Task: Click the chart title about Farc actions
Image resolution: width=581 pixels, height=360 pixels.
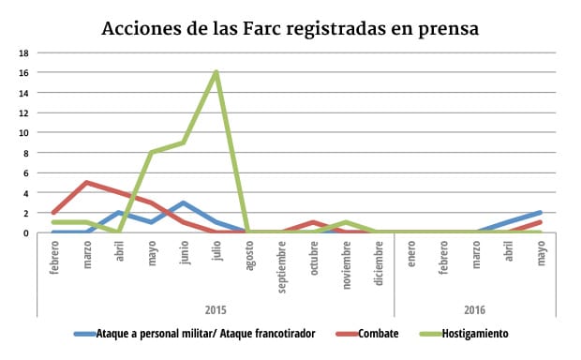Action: (x=290, y=28)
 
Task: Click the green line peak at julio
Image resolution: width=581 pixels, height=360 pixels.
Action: (x=216, y=72)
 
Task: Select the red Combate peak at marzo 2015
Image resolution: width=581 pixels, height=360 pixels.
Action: (x=87, y=183)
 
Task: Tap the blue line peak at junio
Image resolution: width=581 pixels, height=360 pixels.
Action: (x=185, y=202)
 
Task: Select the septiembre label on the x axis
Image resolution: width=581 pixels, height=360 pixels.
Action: (x=281, y=266)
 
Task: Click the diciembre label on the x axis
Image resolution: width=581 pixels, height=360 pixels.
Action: (x=379, y=262)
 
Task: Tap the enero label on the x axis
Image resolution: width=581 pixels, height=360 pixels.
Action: (x=410, y=256)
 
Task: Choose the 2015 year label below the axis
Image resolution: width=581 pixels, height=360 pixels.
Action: (x=216, y=308)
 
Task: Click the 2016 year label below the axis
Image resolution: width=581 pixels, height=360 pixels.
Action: (x=475, y=308)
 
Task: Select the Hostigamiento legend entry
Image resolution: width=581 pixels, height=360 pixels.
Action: (x=466, y=334)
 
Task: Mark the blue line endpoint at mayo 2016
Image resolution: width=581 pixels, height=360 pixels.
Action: (x=540, y=213)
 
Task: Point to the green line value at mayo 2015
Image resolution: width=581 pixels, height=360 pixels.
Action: (x=152, y=153)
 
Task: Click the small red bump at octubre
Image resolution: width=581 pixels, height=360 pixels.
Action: (x=314, y=222)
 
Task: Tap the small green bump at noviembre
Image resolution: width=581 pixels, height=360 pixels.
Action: (x=346, y=222)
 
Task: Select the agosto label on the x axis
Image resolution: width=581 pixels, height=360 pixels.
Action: (x=249, y=258)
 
